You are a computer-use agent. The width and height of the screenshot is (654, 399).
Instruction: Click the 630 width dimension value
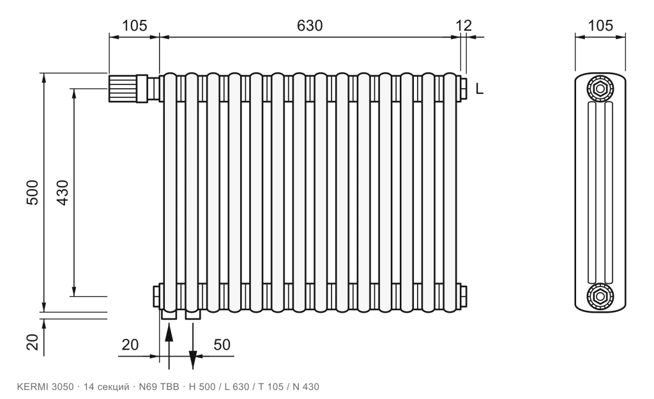[x=310, y=26]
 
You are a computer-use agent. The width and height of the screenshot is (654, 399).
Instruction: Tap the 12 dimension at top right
[x=464, y=26]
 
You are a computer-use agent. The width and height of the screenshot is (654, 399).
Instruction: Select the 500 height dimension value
[x=33, y=192]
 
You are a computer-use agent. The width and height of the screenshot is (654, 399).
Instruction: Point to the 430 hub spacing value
[x=63, y=192]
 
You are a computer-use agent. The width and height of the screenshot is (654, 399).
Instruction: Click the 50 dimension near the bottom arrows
[x=222, y=345]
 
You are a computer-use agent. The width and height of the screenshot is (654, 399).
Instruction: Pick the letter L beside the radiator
[x=480, y=88]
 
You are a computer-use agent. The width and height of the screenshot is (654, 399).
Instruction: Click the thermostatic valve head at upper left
[x=123, y=88]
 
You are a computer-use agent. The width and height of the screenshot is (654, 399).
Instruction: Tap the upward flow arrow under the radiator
[x=169, y=346]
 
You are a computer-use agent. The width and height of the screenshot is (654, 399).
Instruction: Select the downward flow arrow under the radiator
[x=193, y=346]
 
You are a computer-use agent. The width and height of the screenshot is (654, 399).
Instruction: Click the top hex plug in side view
[x=600, y=88]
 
